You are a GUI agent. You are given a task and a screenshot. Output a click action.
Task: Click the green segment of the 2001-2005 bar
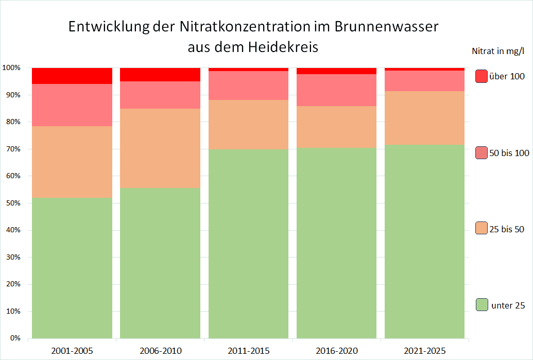tap(72, 268)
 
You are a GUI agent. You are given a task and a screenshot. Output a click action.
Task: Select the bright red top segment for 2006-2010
tap(160, 75)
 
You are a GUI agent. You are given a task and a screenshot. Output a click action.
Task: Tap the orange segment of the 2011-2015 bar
tap(248, 124)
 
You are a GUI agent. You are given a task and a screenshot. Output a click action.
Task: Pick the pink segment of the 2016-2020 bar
tap(336, 90)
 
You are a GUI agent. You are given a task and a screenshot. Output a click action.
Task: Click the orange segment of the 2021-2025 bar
tap(425, 118)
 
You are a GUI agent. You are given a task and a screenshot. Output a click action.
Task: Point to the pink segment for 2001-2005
tap(72, 105)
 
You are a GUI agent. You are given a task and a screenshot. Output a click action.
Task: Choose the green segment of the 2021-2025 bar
tap(425, 242)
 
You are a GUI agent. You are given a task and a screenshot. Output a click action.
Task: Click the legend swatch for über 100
tap(482, 76)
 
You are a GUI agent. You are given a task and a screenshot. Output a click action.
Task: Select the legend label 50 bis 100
tap(509, 153)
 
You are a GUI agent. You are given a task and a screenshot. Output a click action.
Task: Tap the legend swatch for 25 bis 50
tap(482, 228)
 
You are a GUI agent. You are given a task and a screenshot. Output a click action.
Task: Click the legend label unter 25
tap(508, 305)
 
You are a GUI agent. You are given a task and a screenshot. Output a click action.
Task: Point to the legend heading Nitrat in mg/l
tap(497, 51)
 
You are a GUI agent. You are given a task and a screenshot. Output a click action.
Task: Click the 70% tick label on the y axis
tap(12, 149)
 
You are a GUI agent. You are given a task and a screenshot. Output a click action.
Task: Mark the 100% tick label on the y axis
tap(11, 68)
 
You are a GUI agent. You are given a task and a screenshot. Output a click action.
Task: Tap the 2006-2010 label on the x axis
tap(160, 351)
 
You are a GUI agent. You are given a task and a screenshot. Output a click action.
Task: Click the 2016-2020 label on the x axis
tap(336, 351)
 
